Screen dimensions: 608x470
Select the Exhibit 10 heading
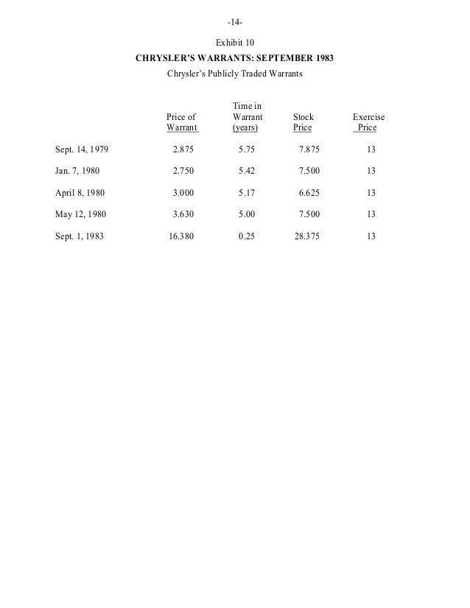tap(234, 42)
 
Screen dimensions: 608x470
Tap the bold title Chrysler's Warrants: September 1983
tap(235, 58)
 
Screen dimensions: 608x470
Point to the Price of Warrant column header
tap(182, 122)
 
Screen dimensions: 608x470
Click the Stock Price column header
tap(303, 122)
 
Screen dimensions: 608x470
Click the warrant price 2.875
tap(184, 150)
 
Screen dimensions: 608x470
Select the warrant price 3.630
tap(184, 215)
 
